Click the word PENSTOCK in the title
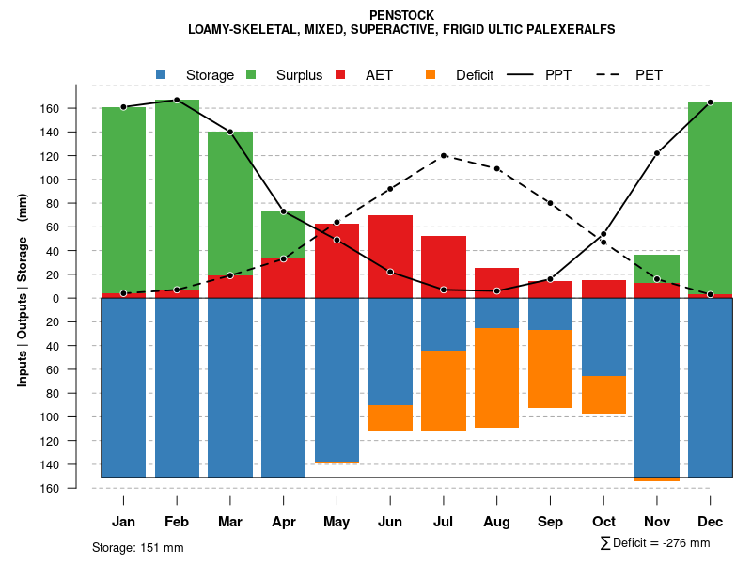coord(401,16)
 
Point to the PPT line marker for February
coord(177,100)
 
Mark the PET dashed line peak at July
coord(444,156)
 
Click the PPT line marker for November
coord(657,153)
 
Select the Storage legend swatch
coord(162,74)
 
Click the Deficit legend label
coord(475,75)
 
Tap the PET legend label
coord(649,75)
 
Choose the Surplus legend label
coord(299,75)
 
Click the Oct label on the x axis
coord(603,522)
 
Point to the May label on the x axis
coord(337,522)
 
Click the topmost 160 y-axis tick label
coord(76,109)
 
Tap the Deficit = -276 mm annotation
coord(655,543)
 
